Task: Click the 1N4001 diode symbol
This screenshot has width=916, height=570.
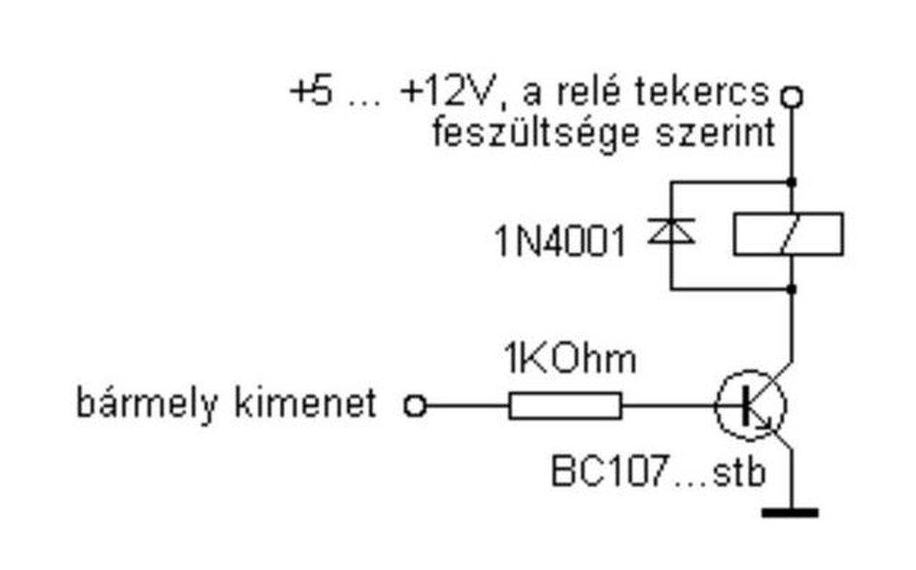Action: [671, 233]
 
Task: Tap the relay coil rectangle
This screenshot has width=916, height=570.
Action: [788, 234]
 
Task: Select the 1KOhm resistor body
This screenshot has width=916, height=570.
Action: [565, 406]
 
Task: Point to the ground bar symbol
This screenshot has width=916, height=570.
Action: [790, 512]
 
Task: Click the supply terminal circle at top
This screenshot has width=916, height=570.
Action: [791, 96]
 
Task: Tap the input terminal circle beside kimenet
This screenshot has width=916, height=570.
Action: [415, 406]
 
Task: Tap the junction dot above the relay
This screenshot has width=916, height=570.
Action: [791, 181]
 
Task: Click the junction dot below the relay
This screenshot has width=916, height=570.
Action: [791, 289]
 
